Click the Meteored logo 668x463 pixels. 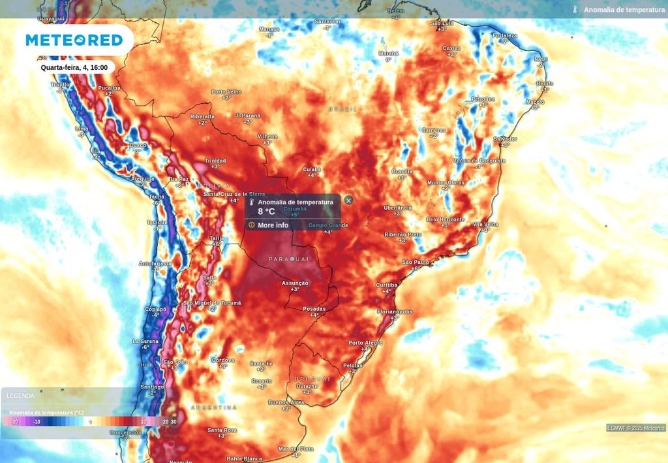[74, 40]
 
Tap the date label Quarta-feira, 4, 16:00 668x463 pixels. [74, 67]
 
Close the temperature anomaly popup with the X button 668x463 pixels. [348, 200]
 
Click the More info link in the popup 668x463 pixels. [273, 225]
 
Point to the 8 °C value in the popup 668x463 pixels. [266, 212]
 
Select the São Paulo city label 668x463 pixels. [416, 262]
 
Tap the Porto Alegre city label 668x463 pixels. [365, 343]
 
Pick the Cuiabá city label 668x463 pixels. [312, 169]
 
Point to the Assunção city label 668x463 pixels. [295, 283]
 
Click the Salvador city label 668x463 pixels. [505, 138]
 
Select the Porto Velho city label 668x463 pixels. [226, 91]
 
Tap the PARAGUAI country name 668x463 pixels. [288, 259]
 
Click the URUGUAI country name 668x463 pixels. [312, 379]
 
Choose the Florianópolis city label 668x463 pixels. [395, 311]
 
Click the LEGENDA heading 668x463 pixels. [21, 396]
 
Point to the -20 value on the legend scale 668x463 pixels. [14, 422]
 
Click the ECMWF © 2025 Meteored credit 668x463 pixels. [636, 428]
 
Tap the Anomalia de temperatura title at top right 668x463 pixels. [624, 10]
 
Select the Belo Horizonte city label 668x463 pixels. [446, 219]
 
